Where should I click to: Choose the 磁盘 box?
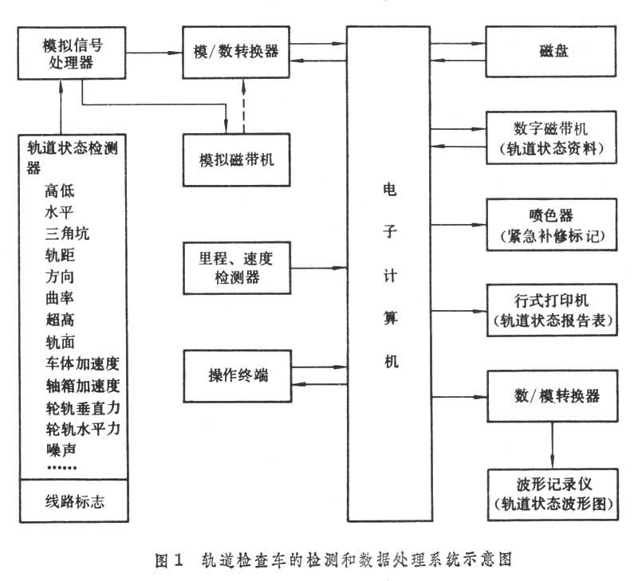552,51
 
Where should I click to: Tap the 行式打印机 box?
552,310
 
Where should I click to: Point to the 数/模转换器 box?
552,396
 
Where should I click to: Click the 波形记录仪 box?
552,493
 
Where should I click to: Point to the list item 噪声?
61,451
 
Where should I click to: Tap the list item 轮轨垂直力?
82,407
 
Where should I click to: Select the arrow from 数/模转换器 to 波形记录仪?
552,444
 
